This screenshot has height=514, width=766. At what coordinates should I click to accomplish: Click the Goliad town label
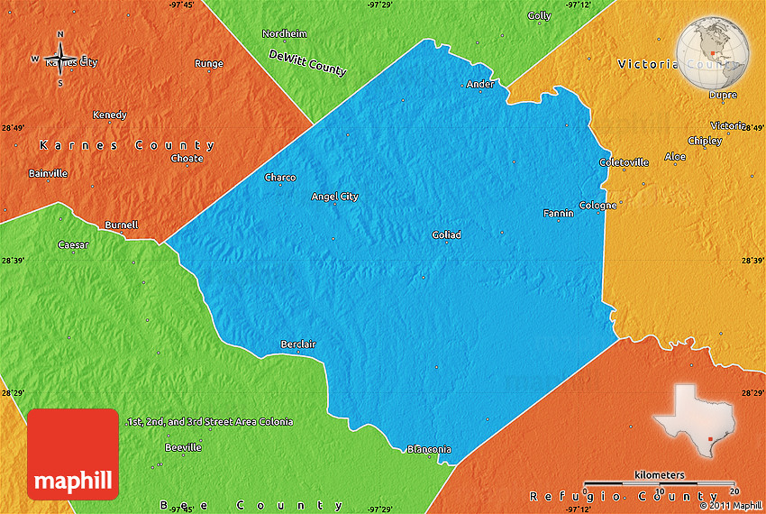tap(446, 235)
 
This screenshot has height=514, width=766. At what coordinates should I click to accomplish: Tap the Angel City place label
tap(334, 197)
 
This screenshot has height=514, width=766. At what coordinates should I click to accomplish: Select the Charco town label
tap(280, 178)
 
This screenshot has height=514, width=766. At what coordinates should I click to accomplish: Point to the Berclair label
tap(298, 344)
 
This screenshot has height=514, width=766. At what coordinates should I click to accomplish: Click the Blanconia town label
tap(429, 449)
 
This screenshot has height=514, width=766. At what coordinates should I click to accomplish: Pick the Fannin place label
tap(558, 214)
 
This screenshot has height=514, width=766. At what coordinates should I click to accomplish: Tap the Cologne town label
tap(597, 205)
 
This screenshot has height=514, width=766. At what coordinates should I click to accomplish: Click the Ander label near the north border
tap(480, 85)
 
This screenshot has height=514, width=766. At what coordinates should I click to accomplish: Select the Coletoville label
tap(624, 162)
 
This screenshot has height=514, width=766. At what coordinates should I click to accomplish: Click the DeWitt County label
tap(307, 62)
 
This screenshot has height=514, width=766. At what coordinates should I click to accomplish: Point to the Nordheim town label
tap(284, 33)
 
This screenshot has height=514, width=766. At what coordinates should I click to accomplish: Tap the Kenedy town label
tap(110, 115)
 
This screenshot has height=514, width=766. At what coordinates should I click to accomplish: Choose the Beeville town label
tap(183, 447)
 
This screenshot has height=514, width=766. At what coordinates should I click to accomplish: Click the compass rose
tap(60, 60)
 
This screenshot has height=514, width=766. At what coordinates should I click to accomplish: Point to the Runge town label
tap(208, 64)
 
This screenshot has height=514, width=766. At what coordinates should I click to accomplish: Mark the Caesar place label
tap(73, 245)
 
